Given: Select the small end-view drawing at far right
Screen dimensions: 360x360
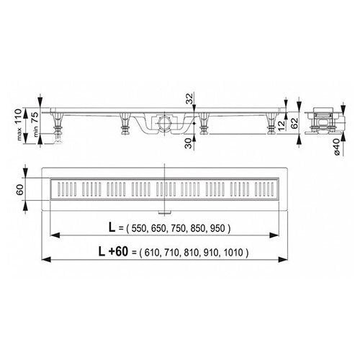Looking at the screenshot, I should [323, 121].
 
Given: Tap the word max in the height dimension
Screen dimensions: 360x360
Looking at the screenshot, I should [30, 133].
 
